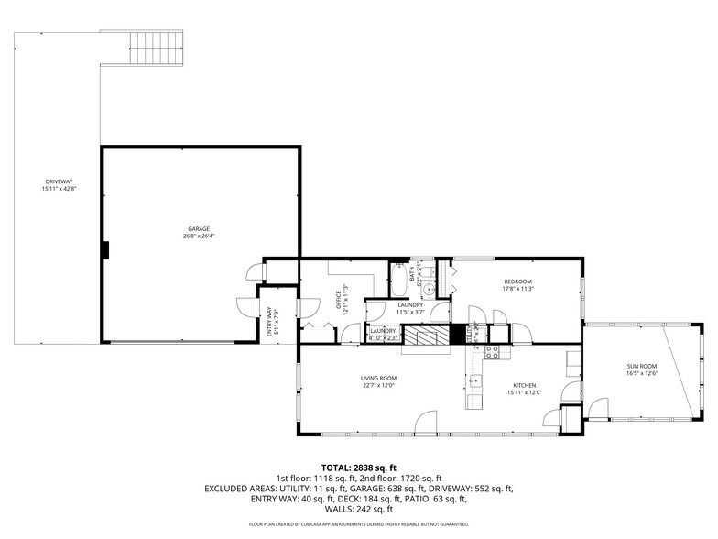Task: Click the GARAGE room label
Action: click(199, 228)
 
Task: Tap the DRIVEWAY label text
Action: click(58, 181)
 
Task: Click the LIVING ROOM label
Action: click(377, 378)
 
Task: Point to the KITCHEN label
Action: click(524, 385)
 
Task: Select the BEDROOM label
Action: click(517, 281)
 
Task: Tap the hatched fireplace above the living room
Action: click(425, 336)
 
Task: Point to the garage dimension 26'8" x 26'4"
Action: click(199, 236)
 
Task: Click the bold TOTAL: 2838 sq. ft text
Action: click(359, 467)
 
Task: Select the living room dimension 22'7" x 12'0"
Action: click(377, 385)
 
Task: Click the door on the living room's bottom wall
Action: click(425, 423)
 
